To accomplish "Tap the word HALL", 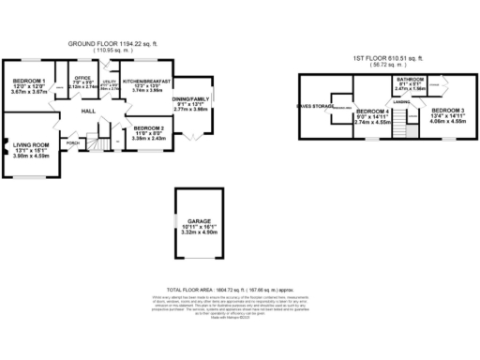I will click(89, 112).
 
